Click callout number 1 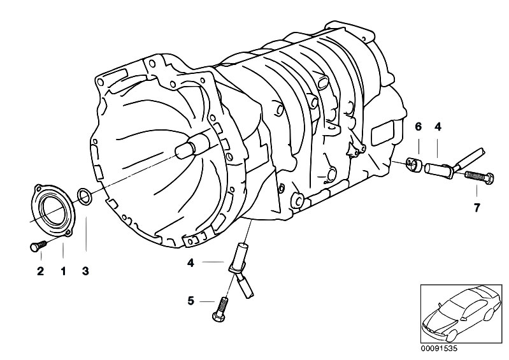pyautogui.click(x=64, y=271)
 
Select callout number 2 pyautogui.click(x=40, y=271)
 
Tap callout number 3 pyautogui.click(x=85, y=271)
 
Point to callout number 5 pyautogui.click(x=191, y=301)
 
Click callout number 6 pyautogui.click(x=418, y=127)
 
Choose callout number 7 pyautogui.click(x=477, y=208)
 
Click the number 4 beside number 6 pyautogui.click(x=438, y=127)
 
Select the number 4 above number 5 pyautogui.click(x=191, y=263)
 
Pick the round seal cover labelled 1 pyautogui.click(x=52, y=208)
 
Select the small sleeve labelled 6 pyautogui.click(x=413, y=164)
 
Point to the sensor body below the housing pyautogui.click(x=241, y=270)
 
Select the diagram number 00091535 pyautogui.click(x=439, y=349)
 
